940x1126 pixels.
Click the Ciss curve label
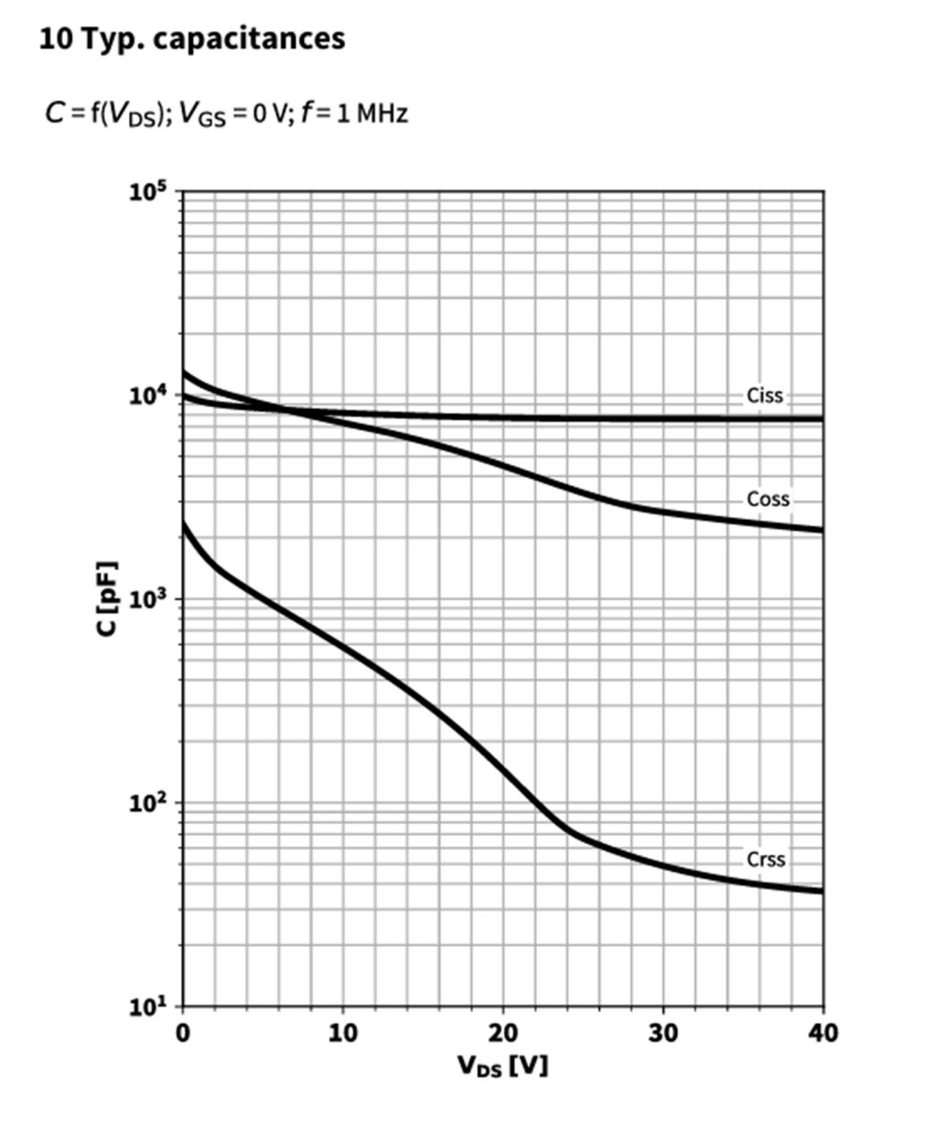tap(764, 395)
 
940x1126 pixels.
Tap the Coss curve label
tap(767, 499)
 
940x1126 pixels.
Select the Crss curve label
tap(765, 859)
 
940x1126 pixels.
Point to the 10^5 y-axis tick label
tap(148, 193)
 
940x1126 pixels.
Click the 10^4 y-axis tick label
tap(148, 396)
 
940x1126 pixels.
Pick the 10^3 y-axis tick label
tap(148, 599)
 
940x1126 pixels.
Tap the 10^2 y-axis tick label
tap(148, 803)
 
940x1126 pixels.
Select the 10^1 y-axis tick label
tap(148, 1006)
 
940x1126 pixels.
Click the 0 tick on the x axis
tap(182, 1033)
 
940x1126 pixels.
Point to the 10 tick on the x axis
tap(342, 1033)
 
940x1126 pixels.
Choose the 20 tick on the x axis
tap(502, 1033)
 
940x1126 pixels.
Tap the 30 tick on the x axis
tap(662, 1033)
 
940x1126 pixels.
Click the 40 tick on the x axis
tap(822, 1033)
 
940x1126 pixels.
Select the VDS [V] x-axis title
tap(502, 1065)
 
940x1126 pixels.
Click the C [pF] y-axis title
tap(107, 599)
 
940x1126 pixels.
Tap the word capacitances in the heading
tap(249, 39)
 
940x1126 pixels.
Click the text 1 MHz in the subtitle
tap(372, 114)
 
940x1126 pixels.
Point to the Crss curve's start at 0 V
tap(183, 524)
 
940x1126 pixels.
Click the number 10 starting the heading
tap(54, 39)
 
